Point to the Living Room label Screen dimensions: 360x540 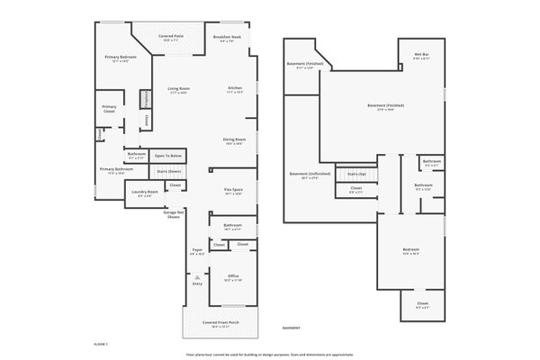(x=178, y=88)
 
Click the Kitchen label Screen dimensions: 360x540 (x=234, y=88)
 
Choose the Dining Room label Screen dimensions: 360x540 (x=234, y=140)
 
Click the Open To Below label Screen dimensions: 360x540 (x=167, y=155)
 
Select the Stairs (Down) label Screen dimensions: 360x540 (x=168, y=170)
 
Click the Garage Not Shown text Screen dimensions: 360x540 (x=174, y=215)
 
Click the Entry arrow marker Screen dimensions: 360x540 (x=196, y=279)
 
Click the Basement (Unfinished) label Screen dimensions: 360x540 (x=310, y=174)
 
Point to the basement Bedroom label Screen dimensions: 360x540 (x=411, y=249)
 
